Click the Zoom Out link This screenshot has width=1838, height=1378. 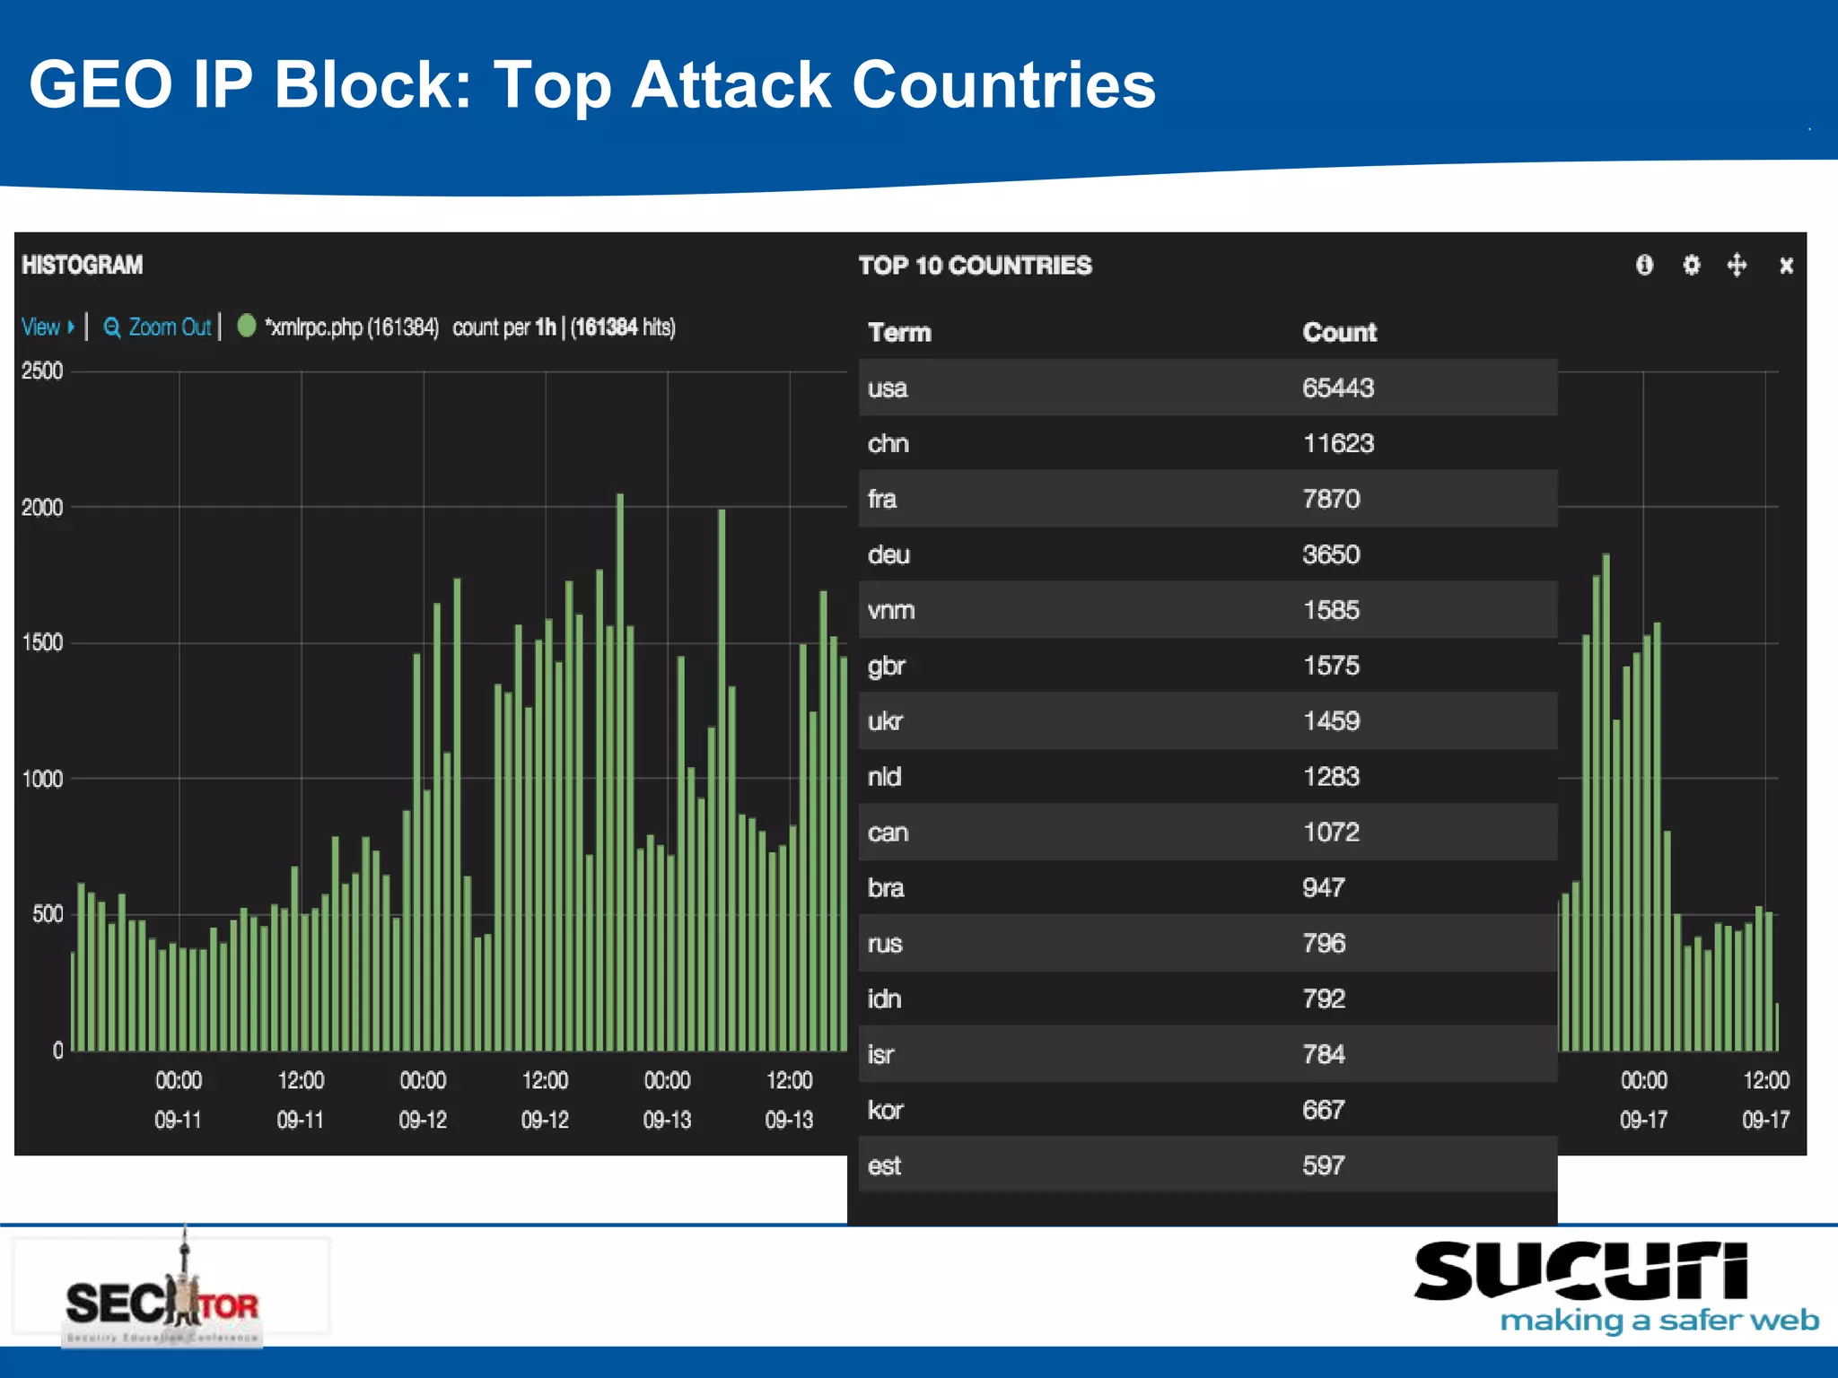(x=159, y=327)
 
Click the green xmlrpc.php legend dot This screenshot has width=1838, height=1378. (x=247, y=326)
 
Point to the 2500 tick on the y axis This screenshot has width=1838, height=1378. (x=42, y=371)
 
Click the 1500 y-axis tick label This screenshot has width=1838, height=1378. (x=42, y=643)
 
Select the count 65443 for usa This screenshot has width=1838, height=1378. (x=1337, y=388)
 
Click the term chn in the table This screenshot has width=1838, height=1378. (x=888, y=443)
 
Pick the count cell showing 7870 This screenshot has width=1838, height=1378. (x=1331, y=499)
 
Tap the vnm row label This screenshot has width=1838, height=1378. (x=890, y=610)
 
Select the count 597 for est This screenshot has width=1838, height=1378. (x=1323, y=1165)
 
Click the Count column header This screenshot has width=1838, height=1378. (x=1339, y=332)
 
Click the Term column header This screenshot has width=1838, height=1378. (x=899, y=332)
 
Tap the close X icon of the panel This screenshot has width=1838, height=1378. (x=1786, y=266)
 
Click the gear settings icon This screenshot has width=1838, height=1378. (x=1691, y=266)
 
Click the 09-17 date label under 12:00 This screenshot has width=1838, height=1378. (x=1764, y=1120)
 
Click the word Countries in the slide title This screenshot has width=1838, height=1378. (x=1003, y=85)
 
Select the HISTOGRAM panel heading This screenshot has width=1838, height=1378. (x=82, y=265)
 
